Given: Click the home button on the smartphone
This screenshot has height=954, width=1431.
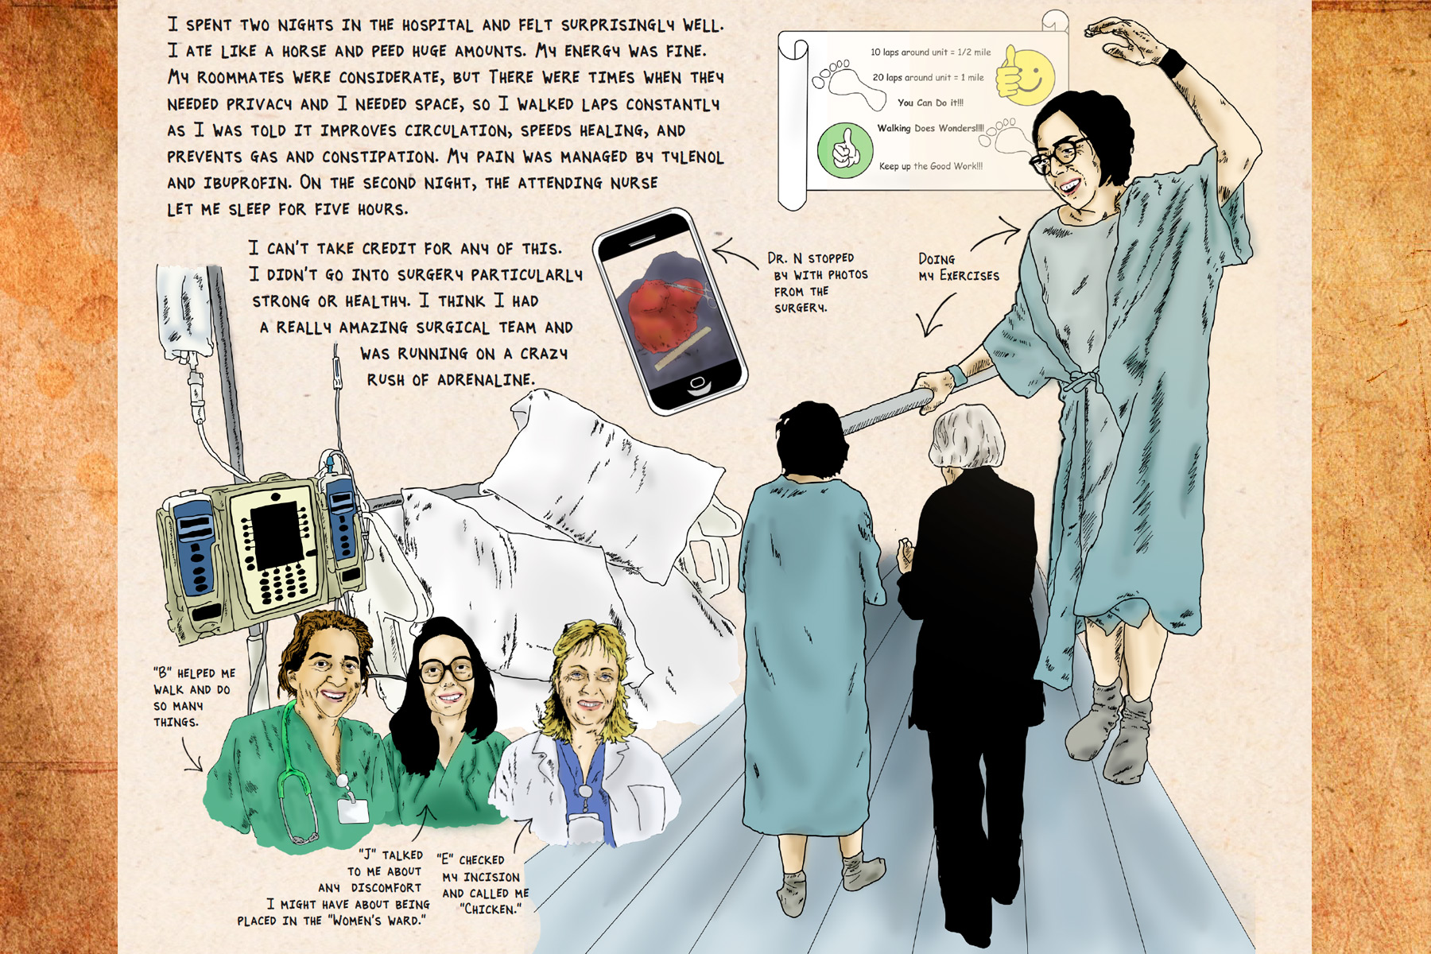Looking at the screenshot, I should pyautogui.click(x=697, y=385).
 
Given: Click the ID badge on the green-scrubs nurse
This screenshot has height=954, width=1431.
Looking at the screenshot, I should pyautogui.click(x=353, y=809).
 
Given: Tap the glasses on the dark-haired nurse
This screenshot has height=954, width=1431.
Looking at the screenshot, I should pyautogui.click(x=446, y=670).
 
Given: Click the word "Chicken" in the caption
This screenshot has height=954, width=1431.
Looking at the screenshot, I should pyautogui.click(x=491, y=909).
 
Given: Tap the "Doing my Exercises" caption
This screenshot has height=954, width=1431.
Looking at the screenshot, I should pyautogui.click(x=958, y=268).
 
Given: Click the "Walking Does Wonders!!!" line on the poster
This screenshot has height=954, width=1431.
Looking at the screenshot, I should pyautogui.click(x=930, y=128).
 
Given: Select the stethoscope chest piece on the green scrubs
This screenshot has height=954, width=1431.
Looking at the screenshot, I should pyautogui.click(x=301, y=836).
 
